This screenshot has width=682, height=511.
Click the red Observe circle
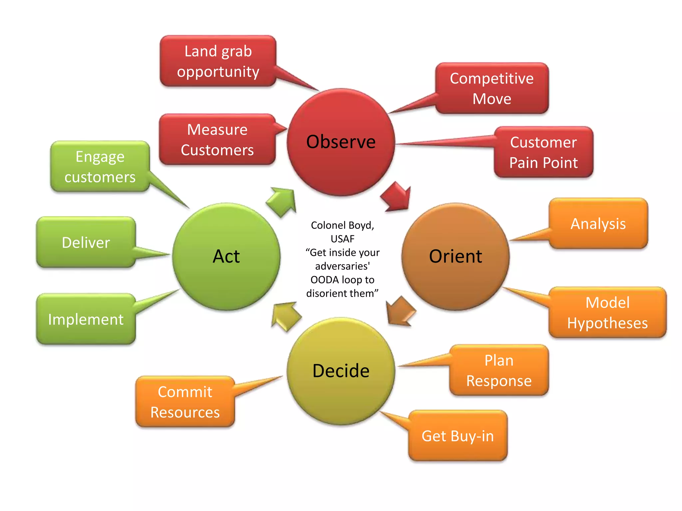tap(341, 142)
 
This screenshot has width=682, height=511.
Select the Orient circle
tap(455, 256)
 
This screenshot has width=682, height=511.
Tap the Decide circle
tap(341, 371)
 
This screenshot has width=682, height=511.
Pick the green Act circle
tap(226, 256)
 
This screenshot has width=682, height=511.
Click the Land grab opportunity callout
tap(218, 61)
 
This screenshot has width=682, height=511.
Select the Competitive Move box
tap(492, 88)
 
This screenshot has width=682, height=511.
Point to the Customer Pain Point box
tap(543, 152)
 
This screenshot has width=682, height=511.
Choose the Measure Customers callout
tap(217, 140)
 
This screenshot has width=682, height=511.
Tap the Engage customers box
tap(100, 167)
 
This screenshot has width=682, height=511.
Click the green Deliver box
tap(86, 243)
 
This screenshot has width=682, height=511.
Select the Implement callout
tap(86, 319)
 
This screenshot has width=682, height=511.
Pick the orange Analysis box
tap(598, 224)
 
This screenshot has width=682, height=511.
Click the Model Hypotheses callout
tap(607, 313)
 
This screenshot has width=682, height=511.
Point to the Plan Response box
tap(499, 370)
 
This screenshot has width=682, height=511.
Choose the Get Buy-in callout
tap(458, 436)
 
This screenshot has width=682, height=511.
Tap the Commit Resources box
tap(185, 402)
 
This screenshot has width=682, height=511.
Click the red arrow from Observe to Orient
tap(397, 197)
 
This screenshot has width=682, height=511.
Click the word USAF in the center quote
tap(342, 239)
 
